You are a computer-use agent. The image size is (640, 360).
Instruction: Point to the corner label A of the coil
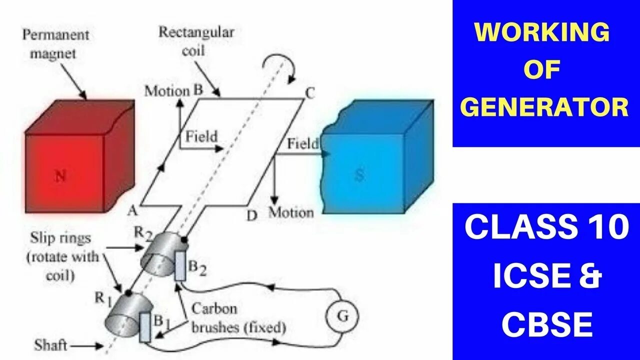[x=132, y=211]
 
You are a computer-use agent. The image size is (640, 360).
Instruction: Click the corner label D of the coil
[x=252, y=215]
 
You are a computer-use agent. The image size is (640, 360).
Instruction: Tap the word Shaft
[x=50, y=345]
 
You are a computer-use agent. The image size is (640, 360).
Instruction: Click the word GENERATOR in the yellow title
[x=544, y=107]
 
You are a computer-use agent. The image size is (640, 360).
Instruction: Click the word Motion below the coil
[x=291, y=212]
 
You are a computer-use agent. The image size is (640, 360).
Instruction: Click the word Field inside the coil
[x=201, y=136]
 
